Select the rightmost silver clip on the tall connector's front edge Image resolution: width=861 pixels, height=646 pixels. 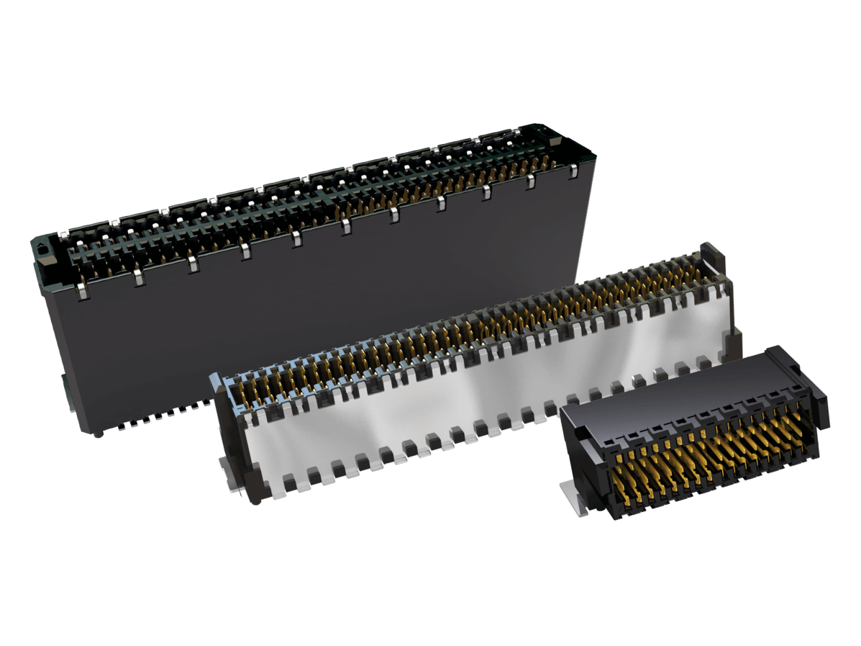[x=573, y=171]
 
